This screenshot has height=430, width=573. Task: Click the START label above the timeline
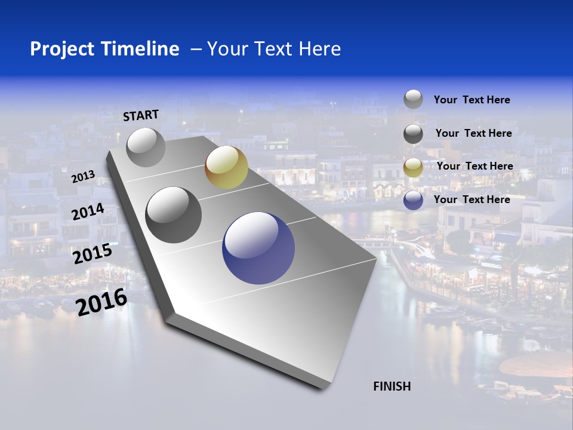tap(141, 115)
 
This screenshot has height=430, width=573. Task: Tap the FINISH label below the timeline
tap(392, 386)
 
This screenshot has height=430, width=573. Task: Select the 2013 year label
tap(84, 177)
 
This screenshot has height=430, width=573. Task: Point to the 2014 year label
tap(88, 211)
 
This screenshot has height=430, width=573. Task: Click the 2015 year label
tap(93, 253)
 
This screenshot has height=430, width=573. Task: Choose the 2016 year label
tap(101, 302)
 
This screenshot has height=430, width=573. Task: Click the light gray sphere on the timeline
tap(146, 147)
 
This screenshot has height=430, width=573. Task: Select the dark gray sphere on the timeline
tap(174, 214)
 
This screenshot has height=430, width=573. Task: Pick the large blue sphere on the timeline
tap(258, 248)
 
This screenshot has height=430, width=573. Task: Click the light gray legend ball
tap(413, 100)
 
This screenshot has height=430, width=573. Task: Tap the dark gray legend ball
tap(413, 134)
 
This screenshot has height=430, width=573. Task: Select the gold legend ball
tap(413, 167)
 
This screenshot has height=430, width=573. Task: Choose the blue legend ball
tap(413, 200)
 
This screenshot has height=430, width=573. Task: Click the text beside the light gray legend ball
tap(472, 100)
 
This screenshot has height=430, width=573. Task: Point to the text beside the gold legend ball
tap(475, 166)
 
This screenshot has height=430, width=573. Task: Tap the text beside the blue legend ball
tap(472, 199)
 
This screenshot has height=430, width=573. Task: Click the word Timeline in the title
tap(141, 49)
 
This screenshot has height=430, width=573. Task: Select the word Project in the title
tap(62, 49)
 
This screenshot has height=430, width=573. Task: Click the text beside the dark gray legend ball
tap(473, 133)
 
